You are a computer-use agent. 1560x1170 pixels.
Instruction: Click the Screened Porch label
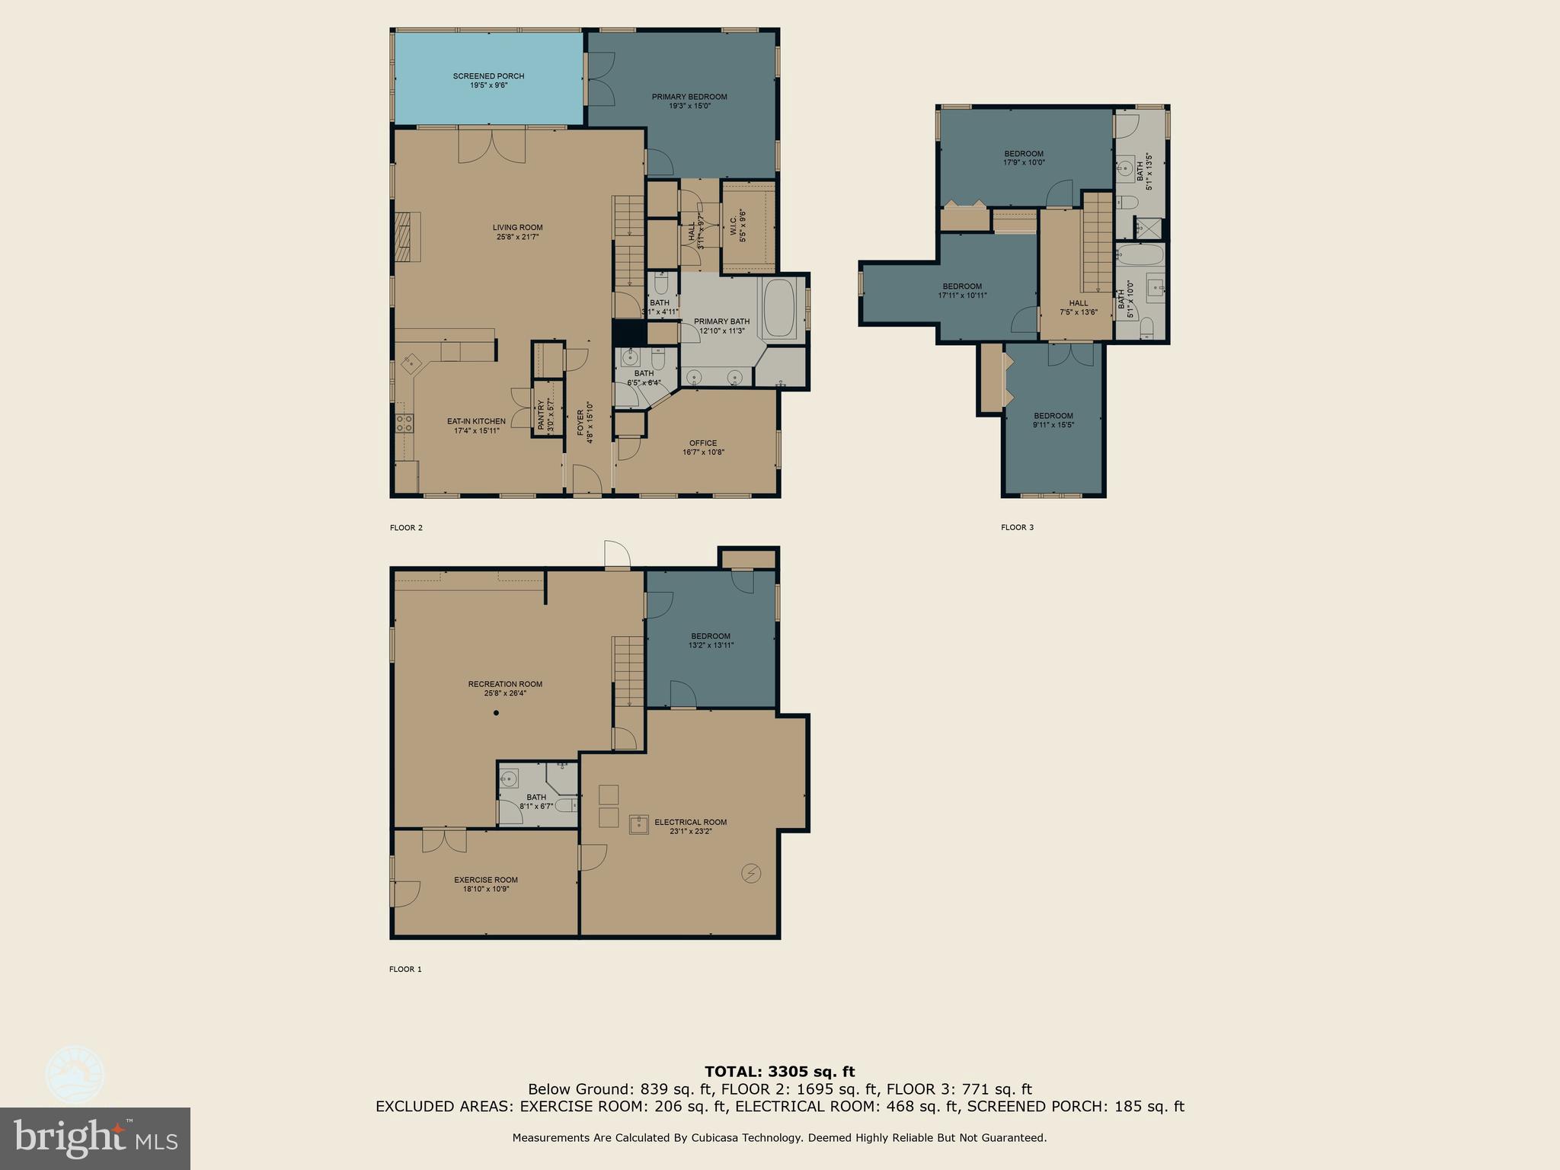488,76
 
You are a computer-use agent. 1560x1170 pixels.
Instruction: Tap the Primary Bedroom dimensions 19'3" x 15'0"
689,107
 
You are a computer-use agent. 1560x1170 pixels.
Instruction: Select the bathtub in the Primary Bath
779,308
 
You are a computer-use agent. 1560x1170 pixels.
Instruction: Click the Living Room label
517,227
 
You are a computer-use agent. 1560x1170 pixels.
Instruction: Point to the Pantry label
542,416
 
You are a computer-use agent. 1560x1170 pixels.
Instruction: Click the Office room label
703,443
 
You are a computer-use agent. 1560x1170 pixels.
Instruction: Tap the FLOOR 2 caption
406,527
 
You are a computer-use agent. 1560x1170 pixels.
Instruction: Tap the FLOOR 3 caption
1017,527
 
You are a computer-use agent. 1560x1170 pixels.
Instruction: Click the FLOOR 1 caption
405,969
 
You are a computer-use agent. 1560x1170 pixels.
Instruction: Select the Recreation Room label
505,684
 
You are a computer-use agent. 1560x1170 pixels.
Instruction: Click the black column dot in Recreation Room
496,713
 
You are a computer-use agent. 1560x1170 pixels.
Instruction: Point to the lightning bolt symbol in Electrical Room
751,873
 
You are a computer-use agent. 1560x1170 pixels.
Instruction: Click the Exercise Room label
486,880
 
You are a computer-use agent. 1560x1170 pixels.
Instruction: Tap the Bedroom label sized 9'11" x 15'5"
1053,416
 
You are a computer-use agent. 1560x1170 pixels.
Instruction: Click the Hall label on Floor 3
1079,303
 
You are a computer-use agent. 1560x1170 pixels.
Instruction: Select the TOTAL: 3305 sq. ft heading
779,1072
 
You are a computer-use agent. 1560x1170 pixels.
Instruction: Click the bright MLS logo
95,1138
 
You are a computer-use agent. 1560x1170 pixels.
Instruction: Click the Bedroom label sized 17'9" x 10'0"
1024,154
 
